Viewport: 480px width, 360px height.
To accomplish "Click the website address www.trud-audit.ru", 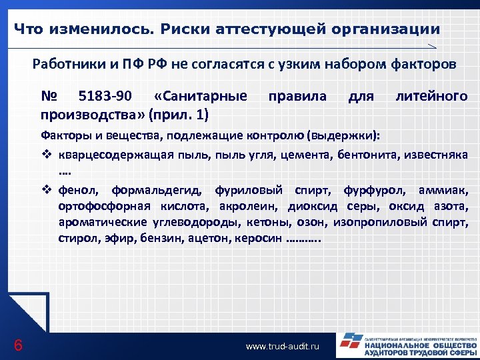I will [283, 347].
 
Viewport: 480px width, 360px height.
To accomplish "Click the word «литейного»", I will [431, 96].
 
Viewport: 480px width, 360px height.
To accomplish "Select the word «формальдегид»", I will [159, 190].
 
